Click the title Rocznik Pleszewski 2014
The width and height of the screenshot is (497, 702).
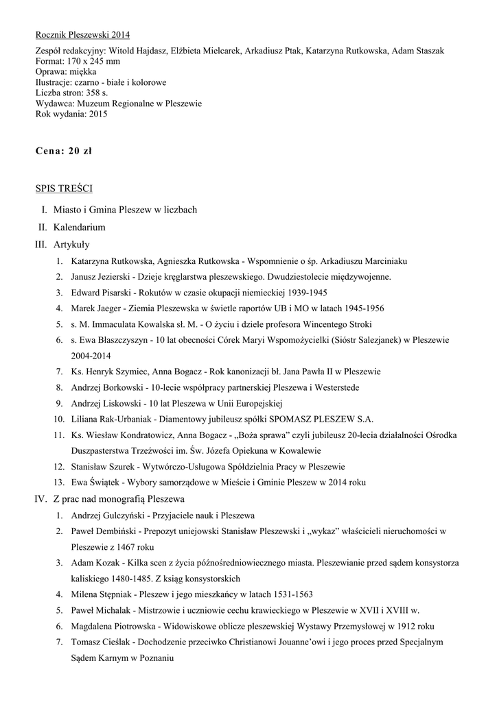tap(82, 34)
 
